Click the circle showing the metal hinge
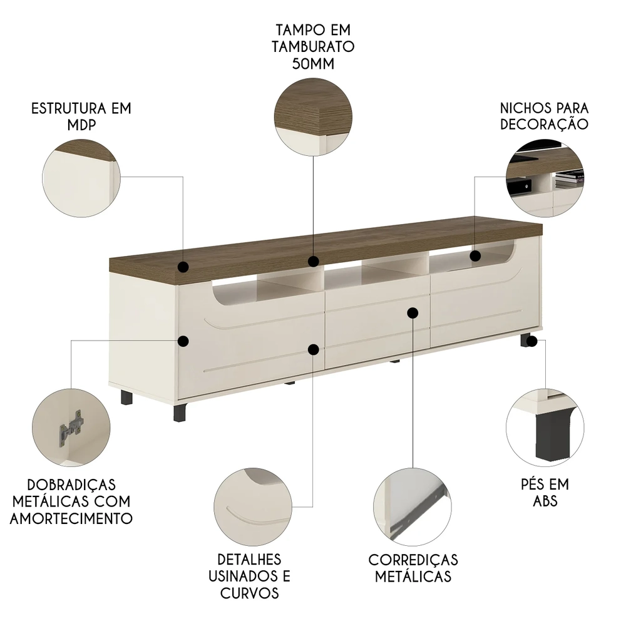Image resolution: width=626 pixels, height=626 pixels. pyautogui.click(x=71, y=426)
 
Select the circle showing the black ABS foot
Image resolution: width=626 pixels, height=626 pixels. pyautogui.click(x=545, y=426)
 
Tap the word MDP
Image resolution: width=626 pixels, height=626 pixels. pyautogui.click(x=81, y=125)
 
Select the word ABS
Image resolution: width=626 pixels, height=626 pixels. pyautogui.click(x=545, y=501)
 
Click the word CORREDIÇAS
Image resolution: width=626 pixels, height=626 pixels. pyautogui.click(x=413, y=560)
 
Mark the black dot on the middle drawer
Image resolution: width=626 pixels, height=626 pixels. pyautogui.click(x=413, y=312)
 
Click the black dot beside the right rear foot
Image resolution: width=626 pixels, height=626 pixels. pyautogui.click(x=532, y=341)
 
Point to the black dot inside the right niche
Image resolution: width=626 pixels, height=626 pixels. pyautogui.click(x=475, y=255)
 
